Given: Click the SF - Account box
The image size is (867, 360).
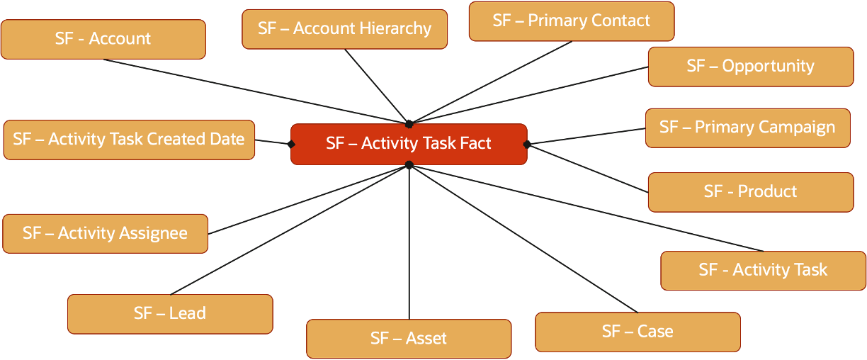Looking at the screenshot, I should (x=103, y=39).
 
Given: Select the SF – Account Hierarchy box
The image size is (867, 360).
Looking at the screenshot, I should (x=344, y=29).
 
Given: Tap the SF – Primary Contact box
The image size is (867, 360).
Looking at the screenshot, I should (x=571, y=21).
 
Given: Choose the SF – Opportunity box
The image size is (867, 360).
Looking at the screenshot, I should (x=750, y=67).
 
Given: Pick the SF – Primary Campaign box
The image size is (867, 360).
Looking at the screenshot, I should (x=747, y=128).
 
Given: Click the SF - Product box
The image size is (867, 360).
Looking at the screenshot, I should (x=750, y=192).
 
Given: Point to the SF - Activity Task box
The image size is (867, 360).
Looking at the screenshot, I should (x=762, y=270).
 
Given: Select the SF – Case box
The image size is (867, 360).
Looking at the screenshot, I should (x=637, y=332).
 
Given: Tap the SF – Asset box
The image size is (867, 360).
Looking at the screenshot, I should (x=408, y=339).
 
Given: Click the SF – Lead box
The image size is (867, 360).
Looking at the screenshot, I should (x=169, y=313).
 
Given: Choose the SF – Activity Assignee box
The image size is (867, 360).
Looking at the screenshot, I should (x=105, y=233).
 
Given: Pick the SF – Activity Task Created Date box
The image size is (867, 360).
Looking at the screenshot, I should (x=128, y=140).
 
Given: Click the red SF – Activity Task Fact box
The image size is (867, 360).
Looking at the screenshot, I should (x=409, y=144).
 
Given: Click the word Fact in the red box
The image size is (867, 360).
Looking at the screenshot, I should (x=474, y=144).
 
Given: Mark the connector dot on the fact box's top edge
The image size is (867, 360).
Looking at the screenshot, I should (x=409, y=124).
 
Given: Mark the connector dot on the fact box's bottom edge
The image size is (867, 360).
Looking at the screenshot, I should (x=409, y=164).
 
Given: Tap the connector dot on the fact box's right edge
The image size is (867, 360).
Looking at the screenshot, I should (x=527, y=144).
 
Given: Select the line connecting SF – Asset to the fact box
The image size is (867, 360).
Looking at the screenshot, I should (x=409, y=241).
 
